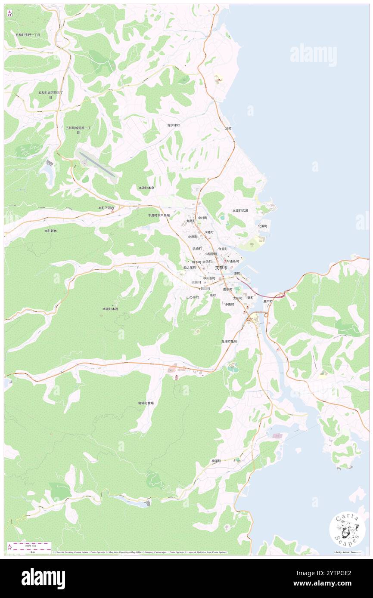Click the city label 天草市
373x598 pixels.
tap(221, 268)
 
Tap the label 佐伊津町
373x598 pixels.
tap(174, 125)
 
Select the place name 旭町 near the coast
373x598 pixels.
tap(228, 129)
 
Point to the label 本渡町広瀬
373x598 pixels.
tap(240, 211)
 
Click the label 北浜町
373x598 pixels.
tap(262, 226)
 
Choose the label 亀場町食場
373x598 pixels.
tap(146, 403)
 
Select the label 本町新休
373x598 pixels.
tap(50, 231)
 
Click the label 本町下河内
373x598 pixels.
tap(106, 208)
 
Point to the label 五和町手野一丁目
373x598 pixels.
tap(28, 34)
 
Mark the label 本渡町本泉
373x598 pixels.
tap(146, 188)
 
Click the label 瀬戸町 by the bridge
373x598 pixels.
tap(268, 302)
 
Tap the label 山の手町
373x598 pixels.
tap(192, 297)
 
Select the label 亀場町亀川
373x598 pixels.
tap(229, 341)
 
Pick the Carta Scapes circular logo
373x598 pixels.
tap(347, 530)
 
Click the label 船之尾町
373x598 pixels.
tap(189, 268)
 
